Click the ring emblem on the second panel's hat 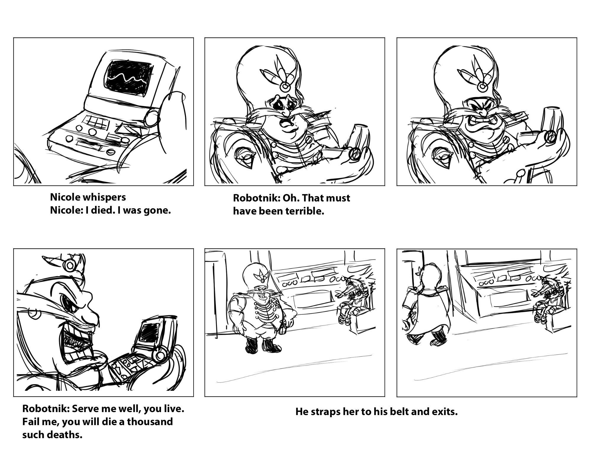pyautogui.click(x=285, y=87)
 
